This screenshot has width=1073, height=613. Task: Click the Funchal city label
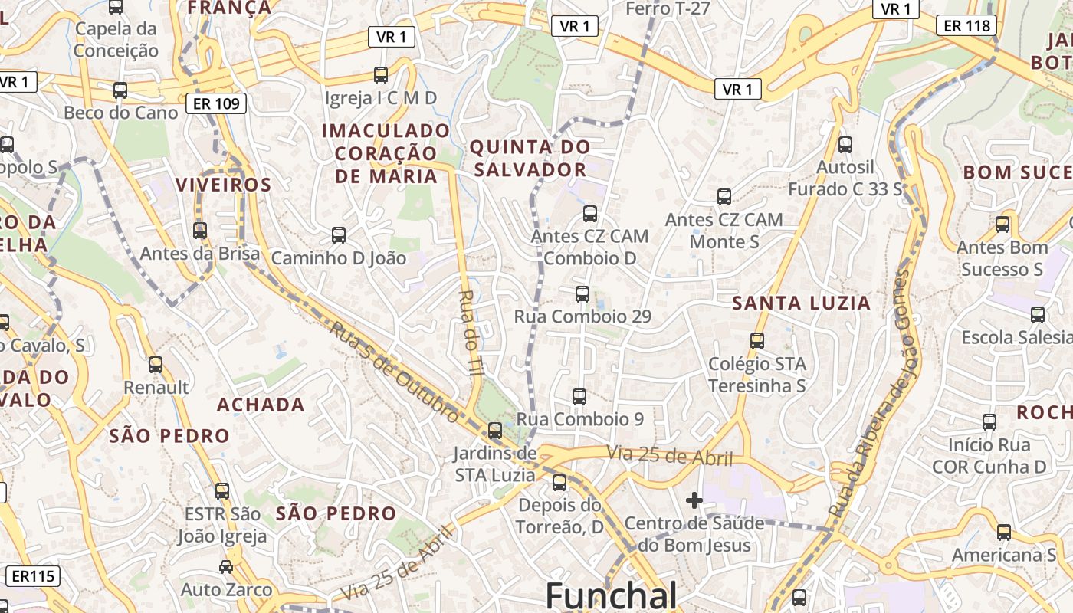point(611,595)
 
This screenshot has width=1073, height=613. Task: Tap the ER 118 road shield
point(966,25)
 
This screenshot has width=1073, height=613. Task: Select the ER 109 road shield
point(216,103)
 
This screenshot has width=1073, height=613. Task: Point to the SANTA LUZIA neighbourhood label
point(801,303)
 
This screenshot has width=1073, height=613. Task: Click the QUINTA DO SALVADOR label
point(530,158)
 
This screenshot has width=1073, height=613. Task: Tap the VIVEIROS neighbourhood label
point(223,185)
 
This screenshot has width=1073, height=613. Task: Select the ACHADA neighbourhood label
point(261,405)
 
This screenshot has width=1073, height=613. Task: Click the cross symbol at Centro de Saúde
point(694,500)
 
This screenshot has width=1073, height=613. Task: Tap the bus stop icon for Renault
point(156,365)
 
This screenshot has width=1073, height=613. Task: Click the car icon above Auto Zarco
point(225,567)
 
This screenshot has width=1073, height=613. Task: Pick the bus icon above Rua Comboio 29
point(582,293)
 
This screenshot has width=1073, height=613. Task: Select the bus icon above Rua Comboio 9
point(579,397)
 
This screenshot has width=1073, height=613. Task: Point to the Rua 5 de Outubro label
point(395,371)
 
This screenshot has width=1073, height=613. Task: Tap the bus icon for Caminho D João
point(338,235)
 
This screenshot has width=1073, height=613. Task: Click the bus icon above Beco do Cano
point(120,90)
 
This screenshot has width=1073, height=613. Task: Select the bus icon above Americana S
point(1003,533)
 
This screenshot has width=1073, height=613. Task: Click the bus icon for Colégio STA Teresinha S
point(757,341)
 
